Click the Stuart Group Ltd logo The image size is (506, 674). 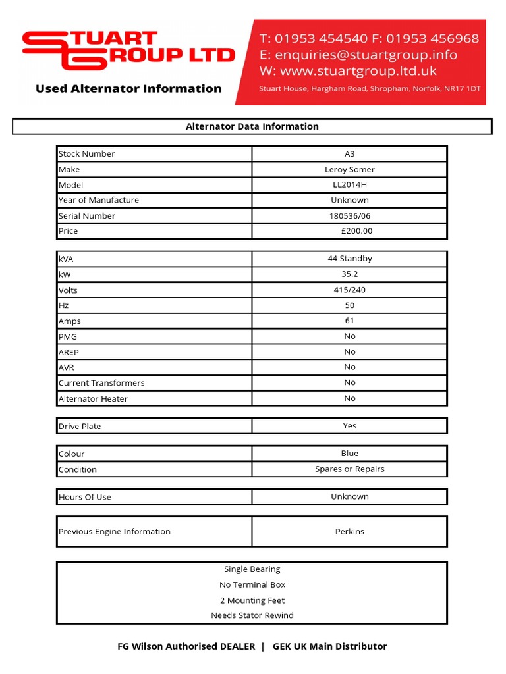tap(128, 50)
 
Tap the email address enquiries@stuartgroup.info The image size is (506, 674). tap(376, 55)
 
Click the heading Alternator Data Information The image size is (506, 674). tap(252, 126)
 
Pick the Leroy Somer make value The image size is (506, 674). tap(350, 169)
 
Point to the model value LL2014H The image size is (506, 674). tap(350, 185)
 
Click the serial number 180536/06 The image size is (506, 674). tap(350, 216)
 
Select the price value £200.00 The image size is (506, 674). tap(356, 231)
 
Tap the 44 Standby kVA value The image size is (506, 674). tap(350, 259)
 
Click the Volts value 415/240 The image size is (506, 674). tap(350, 290)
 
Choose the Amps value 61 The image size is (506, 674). tap(350, 321)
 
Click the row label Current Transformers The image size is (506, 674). tap(101, 383)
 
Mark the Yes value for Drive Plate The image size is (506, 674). tap(350, 426)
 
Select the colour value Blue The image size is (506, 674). tap(350, 454)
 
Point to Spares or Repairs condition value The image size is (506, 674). tap(350, 469)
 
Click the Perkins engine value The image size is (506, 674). tap(350, 531)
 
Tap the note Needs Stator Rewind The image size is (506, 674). tap(252, 615)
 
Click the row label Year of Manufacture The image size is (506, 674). tap(99, 200)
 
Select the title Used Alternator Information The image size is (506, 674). tap(128, 89)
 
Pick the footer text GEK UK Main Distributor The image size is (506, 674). tap(329, 646)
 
